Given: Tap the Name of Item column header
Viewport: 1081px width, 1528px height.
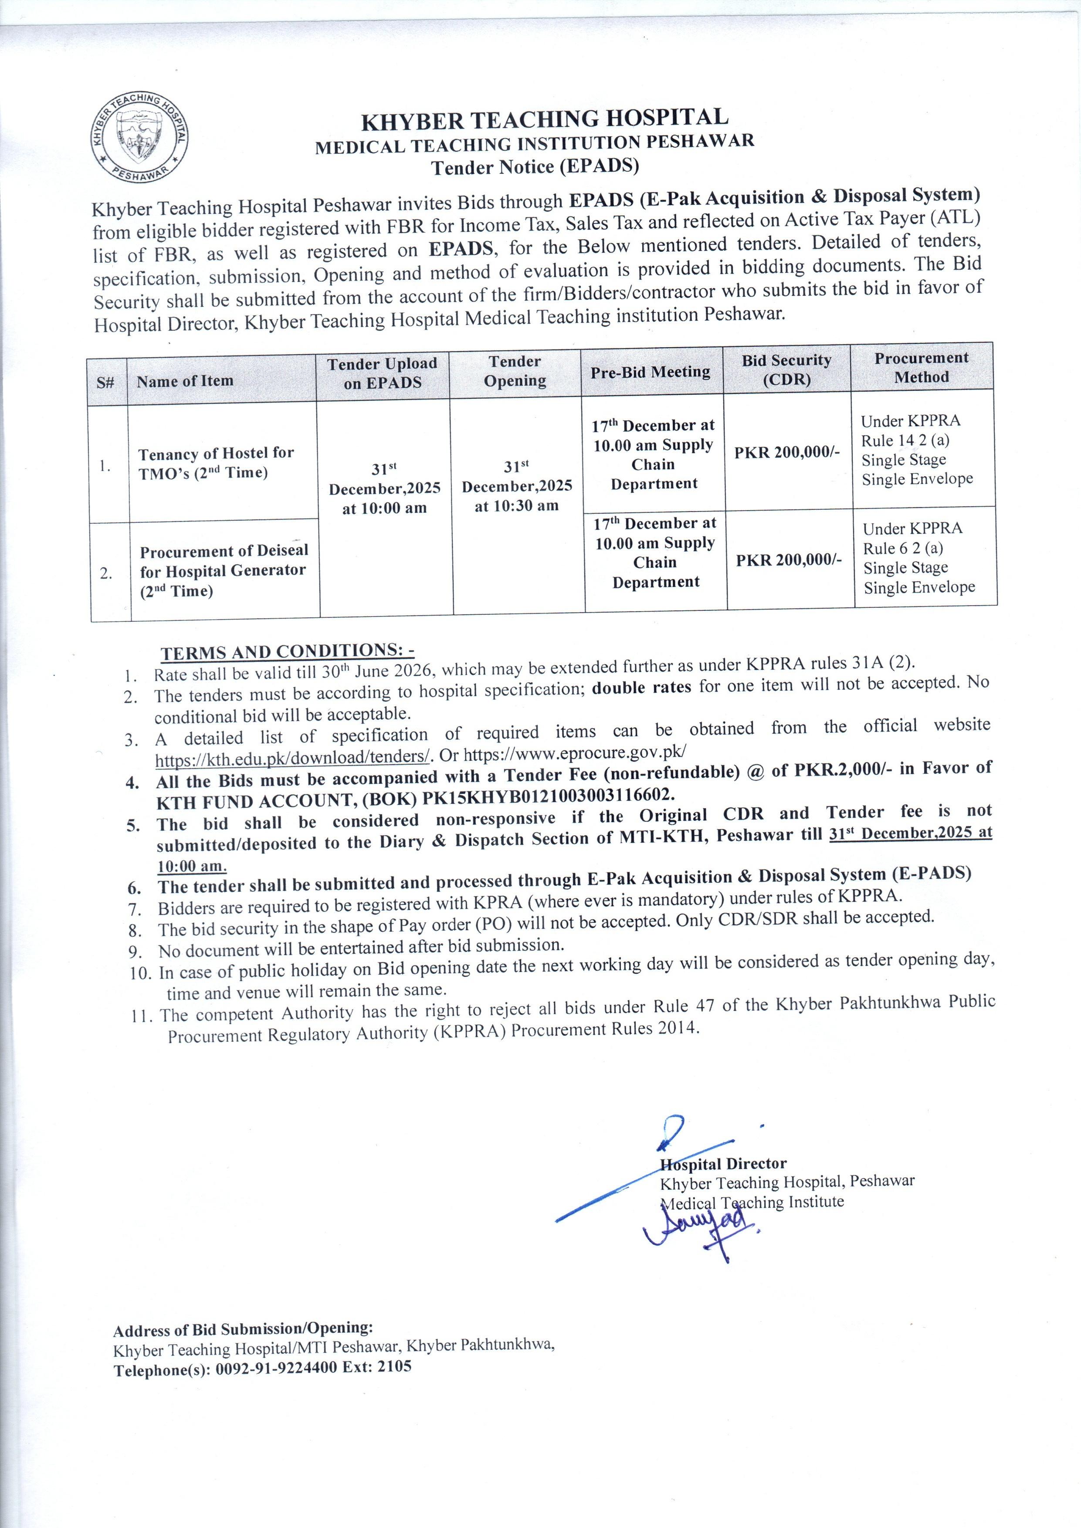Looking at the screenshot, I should [185, 381].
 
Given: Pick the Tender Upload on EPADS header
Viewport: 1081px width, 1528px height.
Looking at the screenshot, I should [382, 373].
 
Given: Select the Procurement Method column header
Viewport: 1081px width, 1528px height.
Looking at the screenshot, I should [921, 367].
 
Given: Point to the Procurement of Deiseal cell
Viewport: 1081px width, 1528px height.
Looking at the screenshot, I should [224, 570].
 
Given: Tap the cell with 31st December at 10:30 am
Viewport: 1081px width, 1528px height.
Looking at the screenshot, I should [517, 486].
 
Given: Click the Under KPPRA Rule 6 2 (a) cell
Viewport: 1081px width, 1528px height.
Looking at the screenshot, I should [918, 558].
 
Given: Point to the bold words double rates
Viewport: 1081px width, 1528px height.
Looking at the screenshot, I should [642, 687].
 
